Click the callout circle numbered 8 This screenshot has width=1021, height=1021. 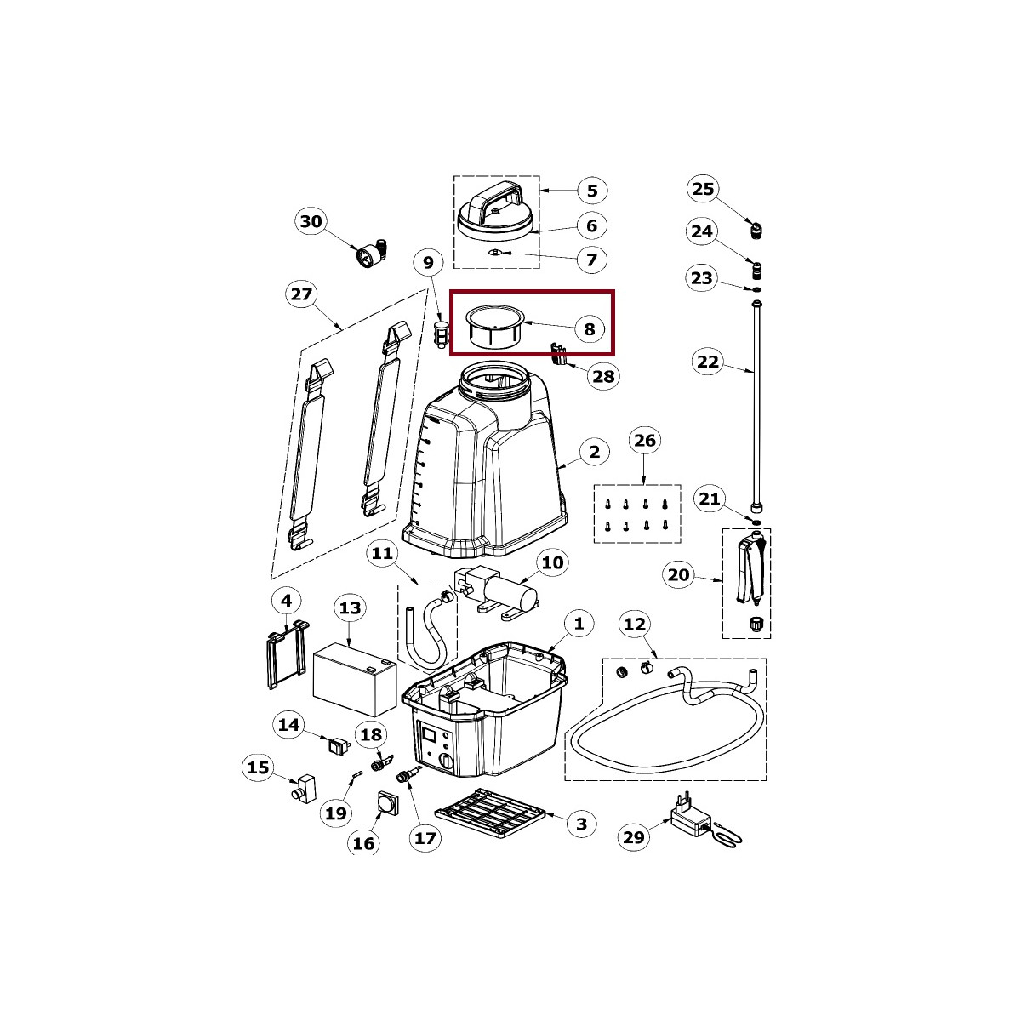coord(589,329)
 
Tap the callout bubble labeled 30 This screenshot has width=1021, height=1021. coord(311,221)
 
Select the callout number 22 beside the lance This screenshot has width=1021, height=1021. coord(708,362)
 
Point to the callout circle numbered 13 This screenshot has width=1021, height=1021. coord(351,607)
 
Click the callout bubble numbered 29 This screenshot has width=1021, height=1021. coord(634,837)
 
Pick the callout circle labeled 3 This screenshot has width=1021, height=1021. coord(582,824)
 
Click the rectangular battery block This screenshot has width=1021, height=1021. coord(355,679)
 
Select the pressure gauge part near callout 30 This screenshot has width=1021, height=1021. coord(372,254)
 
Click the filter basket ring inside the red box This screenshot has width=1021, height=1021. coord(494,327)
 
